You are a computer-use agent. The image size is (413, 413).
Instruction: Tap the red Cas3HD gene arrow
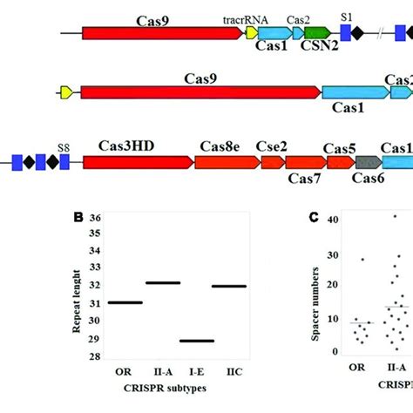point(137,162)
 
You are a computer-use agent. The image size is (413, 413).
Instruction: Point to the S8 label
point(63,148)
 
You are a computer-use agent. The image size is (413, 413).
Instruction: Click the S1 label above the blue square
point(347,17)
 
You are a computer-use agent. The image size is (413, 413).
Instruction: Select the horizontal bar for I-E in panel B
point(197,341)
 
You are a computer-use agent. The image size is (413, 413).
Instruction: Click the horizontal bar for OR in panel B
point(125,302)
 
